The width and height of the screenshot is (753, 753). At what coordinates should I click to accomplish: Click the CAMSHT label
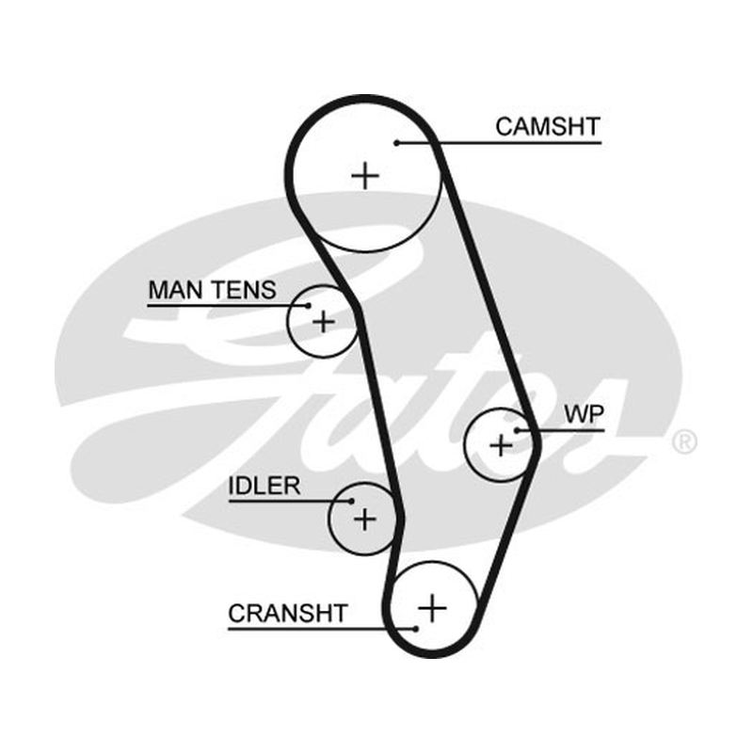pos(548,127)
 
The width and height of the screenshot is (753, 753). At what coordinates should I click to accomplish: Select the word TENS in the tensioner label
pos(245,290)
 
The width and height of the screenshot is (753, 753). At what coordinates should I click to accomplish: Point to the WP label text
pos(584,414)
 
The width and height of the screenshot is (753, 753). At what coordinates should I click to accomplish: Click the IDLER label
pos(264,486)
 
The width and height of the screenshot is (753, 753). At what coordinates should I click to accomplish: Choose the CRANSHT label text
pos(288,613)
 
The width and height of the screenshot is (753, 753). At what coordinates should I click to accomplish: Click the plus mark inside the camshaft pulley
pos(365,176)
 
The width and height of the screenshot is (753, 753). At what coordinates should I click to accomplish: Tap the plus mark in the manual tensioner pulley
pos(323,321)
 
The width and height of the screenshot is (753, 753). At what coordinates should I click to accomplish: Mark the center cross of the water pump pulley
pos(501,445)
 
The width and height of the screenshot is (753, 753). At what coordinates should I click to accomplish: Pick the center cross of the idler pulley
pos(365,520)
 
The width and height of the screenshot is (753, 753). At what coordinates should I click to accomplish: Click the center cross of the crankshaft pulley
pos(432,608)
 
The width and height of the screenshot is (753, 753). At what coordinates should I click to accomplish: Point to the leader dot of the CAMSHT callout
pos(396,143)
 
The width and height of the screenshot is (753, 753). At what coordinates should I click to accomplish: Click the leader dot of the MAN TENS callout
pos(309,305)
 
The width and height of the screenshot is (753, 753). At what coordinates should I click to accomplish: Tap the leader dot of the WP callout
pos(517,430)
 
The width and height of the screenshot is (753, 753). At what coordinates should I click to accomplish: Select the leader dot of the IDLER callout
pos(351,501)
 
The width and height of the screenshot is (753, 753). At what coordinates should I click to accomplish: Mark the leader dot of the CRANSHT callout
pos(416,629)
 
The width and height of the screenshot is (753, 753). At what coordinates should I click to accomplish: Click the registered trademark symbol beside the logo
pos(684,441)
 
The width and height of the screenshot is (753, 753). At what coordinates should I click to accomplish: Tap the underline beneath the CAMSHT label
pos(499,143)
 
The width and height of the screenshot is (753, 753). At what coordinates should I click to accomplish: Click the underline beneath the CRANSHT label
pos(322,629)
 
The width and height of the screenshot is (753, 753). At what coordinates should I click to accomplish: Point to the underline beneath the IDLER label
pos(290,501)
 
